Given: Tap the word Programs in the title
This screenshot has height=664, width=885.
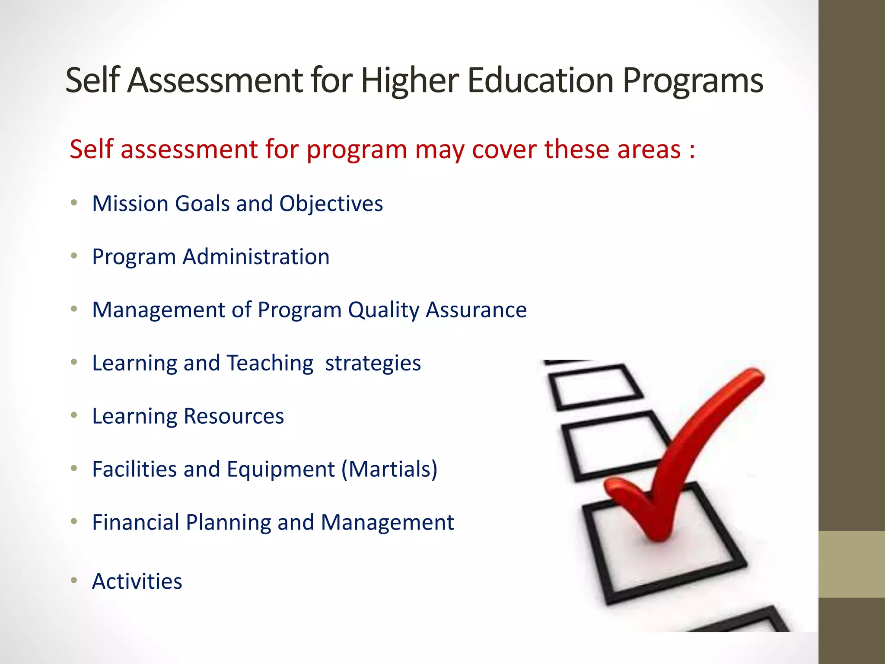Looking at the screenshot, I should pyautogui.click(x=693, y=81).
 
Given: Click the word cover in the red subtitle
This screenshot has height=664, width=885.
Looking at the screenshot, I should pyautogui.click(x=504, y=149).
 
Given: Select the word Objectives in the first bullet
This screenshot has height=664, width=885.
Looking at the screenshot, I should pyautogui.click(x=331, y=204).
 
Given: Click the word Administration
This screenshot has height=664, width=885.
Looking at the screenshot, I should pyautogui.click(x=256, y=257).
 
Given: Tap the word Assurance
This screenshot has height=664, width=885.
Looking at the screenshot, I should pyautogui.click(x=476, y=310).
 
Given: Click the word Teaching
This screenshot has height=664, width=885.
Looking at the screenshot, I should pyautogui.click(x=270, y=363).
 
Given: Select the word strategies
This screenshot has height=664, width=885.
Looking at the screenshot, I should pyautogui.click(x=373, y=364).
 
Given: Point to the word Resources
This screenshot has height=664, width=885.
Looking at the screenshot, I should pyautogui.click(x=234, y=416).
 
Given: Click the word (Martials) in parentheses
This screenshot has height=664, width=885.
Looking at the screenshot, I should pyautogui.click(x=389, y=469).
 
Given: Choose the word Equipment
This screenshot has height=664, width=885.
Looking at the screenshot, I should pyautogui.click(x=281, y=470).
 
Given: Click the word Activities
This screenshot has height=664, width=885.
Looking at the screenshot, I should pyautogui.click(x=137, y=581).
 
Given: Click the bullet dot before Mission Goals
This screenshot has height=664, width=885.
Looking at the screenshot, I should pyautogui.click(x=74, y=203).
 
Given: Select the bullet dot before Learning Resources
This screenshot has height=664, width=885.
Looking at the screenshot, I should pyautogui.click(x=74, y=415).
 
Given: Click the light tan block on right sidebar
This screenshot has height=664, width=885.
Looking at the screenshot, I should pyautogui.click(x=852, y=564).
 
